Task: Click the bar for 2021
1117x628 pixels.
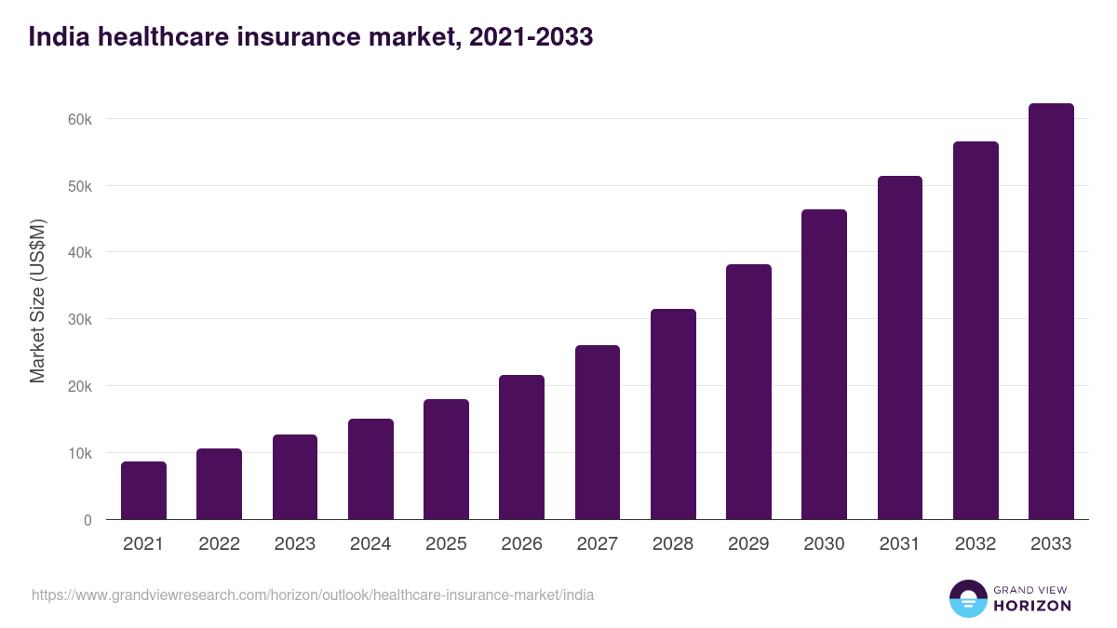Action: [143, 490]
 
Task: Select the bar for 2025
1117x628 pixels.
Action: [446, 460]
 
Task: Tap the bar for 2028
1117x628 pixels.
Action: [673, 414]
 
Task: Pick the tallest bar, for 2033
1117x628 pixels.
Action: [1051, 312]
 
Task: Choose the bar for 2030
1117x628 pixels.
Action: [824, 365]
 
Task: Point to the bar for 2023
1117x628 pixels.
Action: [295, 477]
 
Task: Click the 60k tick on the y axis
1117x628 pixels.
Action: [80, 119]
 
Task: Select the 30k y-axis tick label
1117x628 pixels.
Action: [80, 319]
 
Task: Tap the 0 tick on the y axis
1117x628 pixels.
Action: [87, 520]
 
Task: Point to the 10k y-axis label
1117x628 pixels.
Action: [80, 453]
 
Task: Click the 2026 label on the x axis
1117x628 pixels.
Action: [521, 544]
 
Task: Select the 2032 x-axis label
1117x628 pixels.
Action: [975, 544]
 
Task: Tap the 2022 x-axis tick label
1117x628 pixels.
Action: [219, 544]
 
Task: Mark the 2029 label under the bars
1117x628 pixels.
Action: [748, 544]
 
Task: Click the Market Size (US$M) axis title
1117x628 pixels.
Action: [37, 301]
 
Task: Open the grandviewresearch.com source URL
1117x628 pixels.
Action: [313, 595]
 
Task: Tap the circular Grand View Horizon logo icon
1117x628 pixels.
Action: [967, 598]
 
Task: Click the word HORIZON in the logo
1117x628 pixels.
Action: [1032, 606]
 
